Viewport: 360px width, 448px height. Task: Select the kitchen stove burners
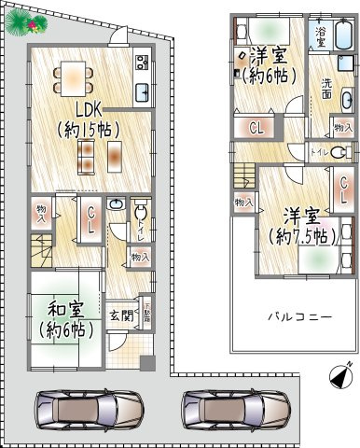click(144, 63)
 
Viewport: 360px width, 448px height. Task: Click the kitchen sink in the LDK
click(144, 92)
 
